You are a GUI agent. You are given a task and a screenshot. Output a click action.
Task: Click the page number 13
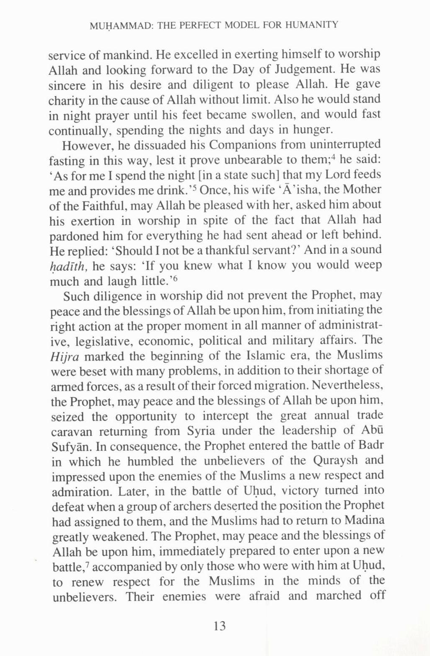tap(219, 626)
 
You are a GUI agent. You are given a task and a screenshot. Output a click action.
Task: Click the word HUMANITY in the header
tap(312, 25)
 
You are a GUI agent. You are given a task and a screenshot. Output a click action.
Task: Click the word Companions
tap(242, 145)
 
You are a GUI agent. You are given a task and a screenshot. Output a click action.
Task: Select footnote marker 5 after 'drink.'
tap(196, 187)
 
